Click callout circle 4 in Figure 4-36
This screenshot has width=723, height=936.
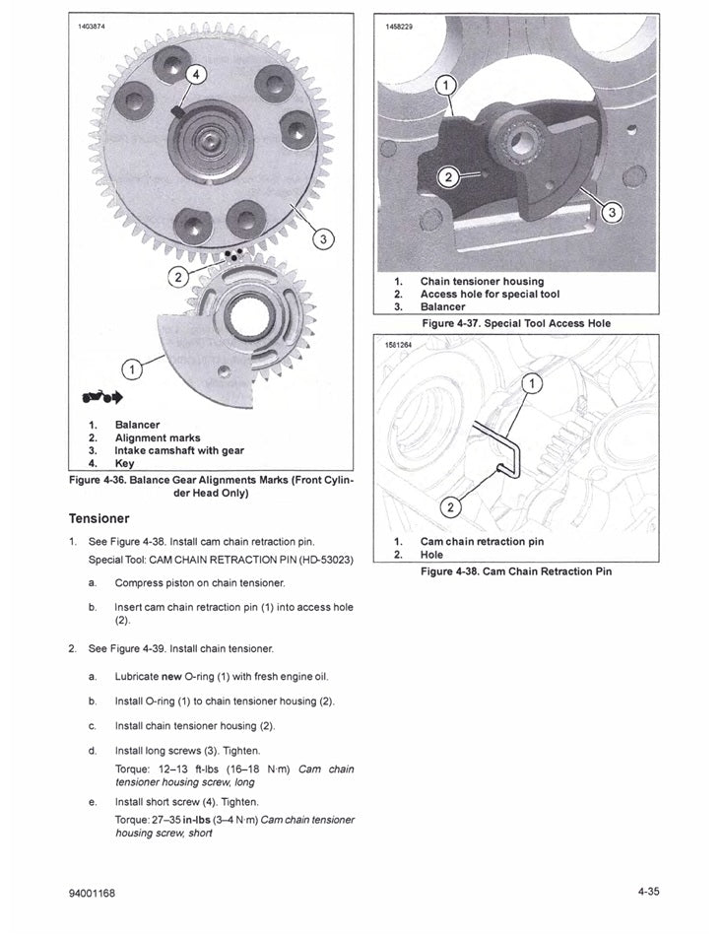point(195,75)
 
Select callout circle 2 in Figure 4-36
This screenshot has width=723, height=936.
point(177,276)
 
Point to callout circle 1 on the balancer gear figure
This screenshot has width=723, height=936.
point(129,369)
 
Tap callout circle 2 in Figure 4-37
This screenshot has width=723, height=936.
point(447,177)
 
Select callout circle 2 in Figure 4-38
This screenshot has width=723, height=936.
point(451,507)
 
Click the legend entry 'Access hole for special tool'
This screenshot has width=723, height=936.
point(490,294)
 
